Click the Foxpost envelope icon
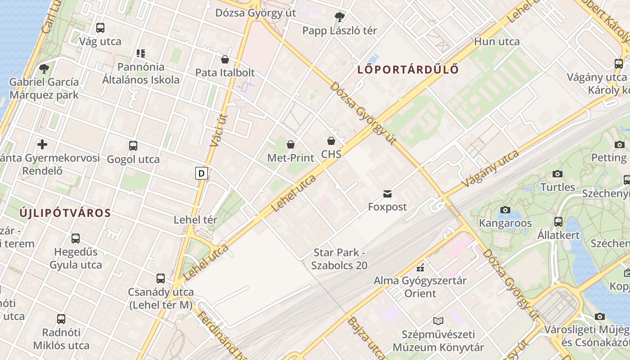pos(387,194)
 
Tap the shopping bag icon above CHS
pos(331,141)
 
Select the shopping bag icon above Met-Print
pos(291,144)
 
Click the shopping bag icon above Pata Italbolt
pos(225,59)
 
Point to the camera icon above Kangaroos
pos(505,210)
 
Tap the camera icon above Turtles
pos(558,174)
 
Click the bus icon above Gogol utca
pos(133,146)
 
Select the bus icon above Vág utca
pos(100,28)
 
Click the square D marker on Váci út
pos(202,173)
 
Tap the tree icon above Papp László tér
pos(339,18)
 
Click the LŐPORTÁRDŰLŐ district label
pos(408,70)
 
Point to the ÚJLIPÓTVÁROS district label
pos(65,213)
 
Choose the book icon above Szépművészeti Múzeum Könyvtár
pos(438,321)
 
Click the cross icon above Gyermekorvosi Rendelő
pos(42,144)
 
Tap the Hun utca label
pos(497,42)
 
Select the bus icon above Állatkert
pos(558,221)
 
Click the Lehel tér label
pos(195,220)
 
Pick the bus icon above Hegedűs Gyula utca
pos(76,238)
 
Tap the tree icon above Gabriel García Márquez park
pos(44,69)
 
